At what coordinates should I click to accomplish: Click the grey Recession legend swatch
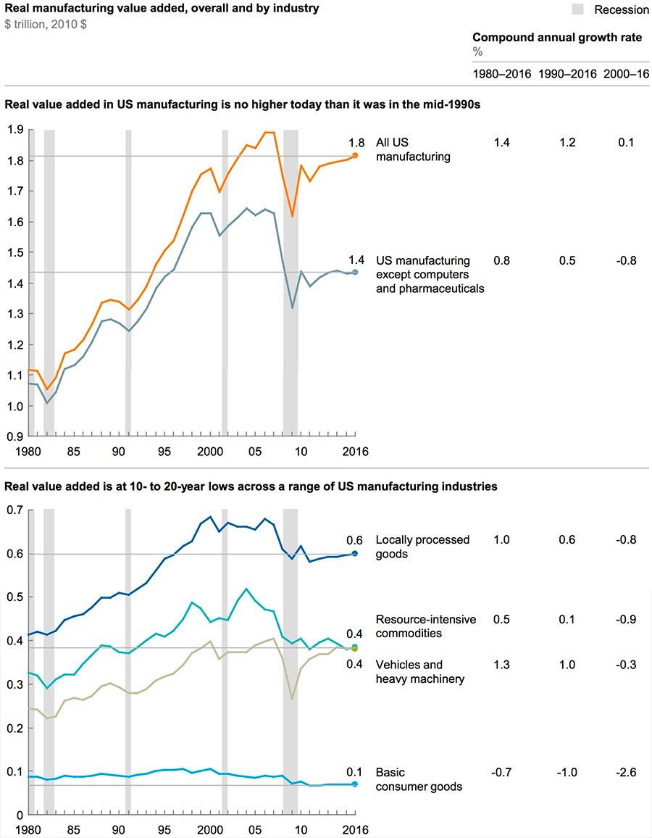point(577,9)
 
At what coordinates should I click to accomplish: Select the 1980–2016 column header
point(501,74)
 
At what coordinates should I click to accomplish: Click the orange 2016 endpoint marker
point(355,155)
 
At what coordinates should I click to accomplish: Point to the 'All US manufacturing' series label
point(412,149)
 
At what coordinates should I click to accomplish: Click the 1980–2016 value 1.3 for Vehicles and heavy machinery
point(501,665)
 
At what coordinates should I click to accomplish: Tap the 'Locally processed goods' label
point(422,547)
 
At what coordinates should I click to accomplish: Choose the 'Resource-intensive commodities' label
point(426,626)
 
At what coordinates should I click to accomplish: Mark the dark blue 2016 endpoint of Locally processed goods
point(355,553)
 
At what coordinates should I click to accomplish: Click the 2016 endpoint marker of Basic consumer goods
point(355,784)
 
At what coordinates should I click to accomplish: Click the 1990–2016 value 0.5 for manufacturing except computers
point(567,260)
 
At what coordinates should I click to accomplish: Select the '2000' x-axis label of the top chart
point(210,451)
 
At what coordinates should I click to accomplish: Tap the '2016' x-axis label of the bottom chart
point(355,830)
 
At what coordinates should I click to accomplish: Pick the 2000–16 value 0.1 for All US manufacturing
point(626,143)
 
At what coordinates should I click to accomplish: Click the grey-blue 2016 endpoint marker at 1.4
point(355,272)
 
